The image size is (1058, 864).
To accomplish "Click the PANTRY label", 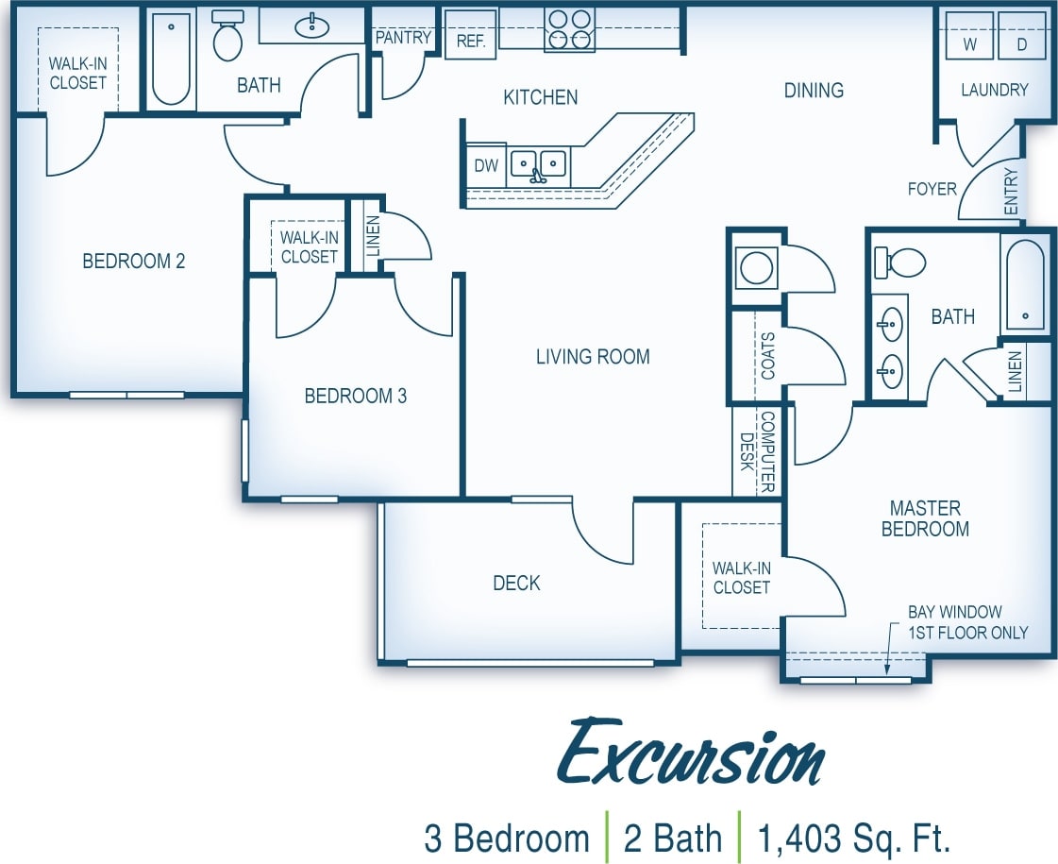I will tap(403, 38).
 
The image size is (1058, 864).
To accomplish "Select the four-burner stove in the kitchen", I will tap(569, 28).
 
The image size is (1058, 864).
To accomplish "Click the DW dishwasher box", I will tap(485, 166).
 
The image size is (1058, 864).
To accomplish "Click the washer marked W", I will tap(969, 38).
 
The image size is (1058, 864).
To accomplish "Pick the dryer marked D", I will tap(1022, 38).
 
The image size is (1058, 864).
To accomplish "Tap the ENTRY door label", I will tap(1012, 192).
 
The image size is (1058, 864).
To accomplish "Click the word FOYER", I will tap(932, 189).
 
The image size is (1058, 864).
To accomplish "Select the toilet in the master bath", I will tap(899, 263).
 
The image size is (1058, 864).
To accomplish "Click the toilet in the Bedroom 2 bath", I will tap(227, 37).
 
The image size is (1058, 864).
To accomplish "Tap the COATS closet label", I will tap(767, 356).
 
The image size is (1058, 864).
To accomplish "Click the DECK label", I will tap(516, 583).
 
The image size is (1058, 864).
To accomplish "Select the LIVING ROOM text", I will tap(593, 356).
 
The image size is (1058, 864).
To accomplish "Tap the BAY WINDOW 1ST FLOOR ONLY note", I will tap(967, 622).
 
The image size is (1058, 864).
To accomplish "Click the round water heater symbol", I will tap(757, 267).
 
